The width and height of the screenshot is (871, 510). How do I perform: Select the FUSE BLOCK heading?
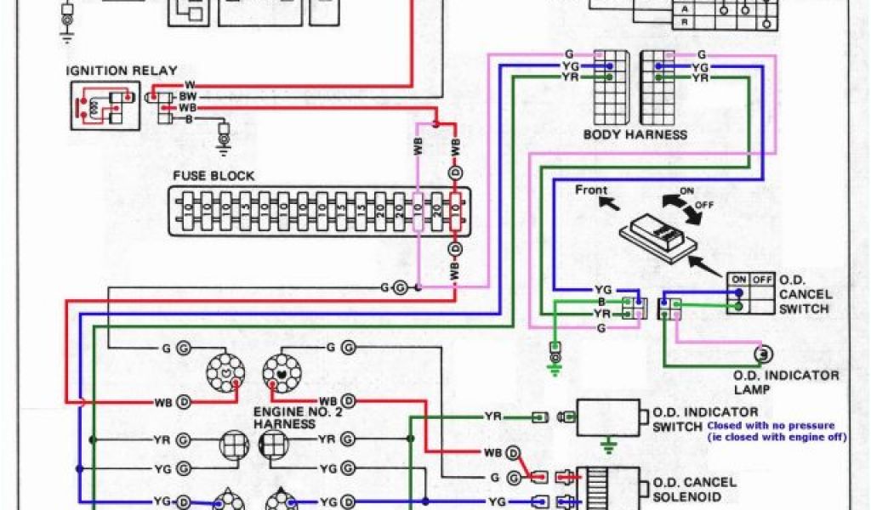click(x=213, y=176)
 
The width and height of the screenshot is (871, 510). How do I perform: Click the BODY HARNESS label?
click(x=635, y=134)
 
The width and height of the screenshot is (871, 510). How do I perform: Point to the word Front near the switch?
click(x=592, y=189)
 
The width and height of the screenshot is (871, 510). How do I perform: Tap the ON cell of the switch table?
click(x=738, y=279)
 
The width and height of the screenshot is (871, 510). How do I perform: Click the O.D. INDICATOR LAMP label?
click(x=786, y=382)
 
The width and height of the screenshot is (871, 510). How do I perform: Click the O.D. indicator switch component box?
click(x=608, y=417)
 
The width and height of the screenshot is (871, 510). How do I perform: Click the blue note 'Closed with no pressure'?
click(x=770, y=425)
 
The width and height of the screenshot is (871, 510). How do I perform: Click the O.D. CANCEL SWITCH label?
click(x=804, y=293)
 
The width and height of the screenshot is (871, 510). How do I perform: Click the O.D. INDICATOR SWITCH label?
click(x=704, y=418)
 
